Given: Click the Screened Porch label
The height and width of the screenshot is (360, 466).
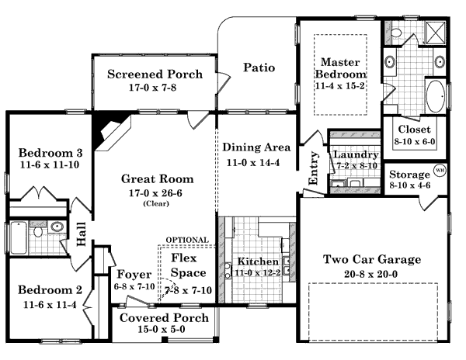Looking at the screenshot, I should [x=155, y=74].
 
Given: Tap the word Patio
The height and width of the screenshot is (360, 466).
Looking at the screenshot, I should [x=259, y=67].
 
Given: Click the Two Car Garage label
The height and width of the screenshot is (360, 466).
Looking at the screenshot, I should [x=372, y=259].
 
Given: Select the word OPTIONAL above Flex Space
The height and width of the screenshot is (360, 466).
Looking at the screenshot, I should [x=186, y=240].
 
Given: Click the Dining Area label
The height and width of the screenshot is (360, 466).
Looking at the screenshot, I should [x=256, y=147].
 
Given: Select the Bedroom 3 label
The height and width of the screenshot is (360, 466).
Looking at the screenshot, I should [x=50, y=151].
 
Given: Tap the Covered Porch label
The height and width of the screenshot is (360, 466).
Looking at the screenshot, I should [x=163, y=318].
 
